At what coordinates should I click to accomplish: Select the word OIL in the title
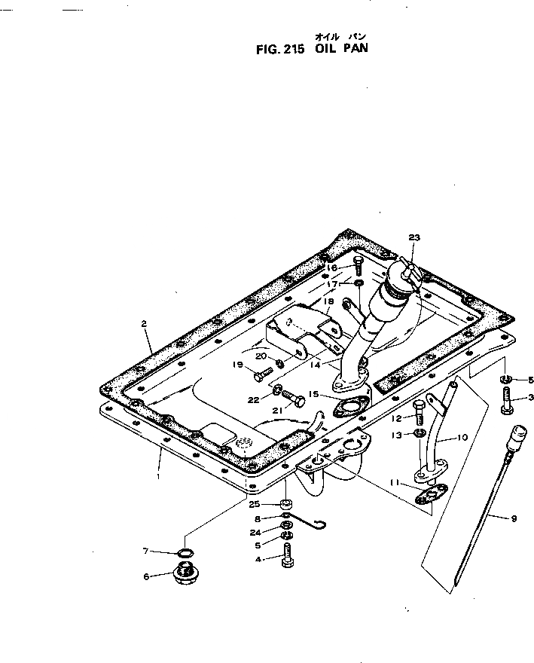coord(322,53)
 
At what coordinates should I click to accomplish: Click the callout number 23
coord(413,237)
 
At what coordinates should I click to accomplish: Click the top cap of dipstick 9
coord(517,433)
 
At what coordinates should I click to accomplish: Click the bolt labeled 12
coord(420,411)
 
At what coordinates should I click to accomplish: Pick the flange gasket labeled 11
coord(432,495)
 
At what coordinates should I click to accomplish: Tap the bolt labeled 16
coord(359,264)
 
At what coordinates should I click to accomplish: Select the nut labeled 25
coord(286,503)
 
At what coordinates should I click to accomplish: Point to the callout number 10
coord(462,437)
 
